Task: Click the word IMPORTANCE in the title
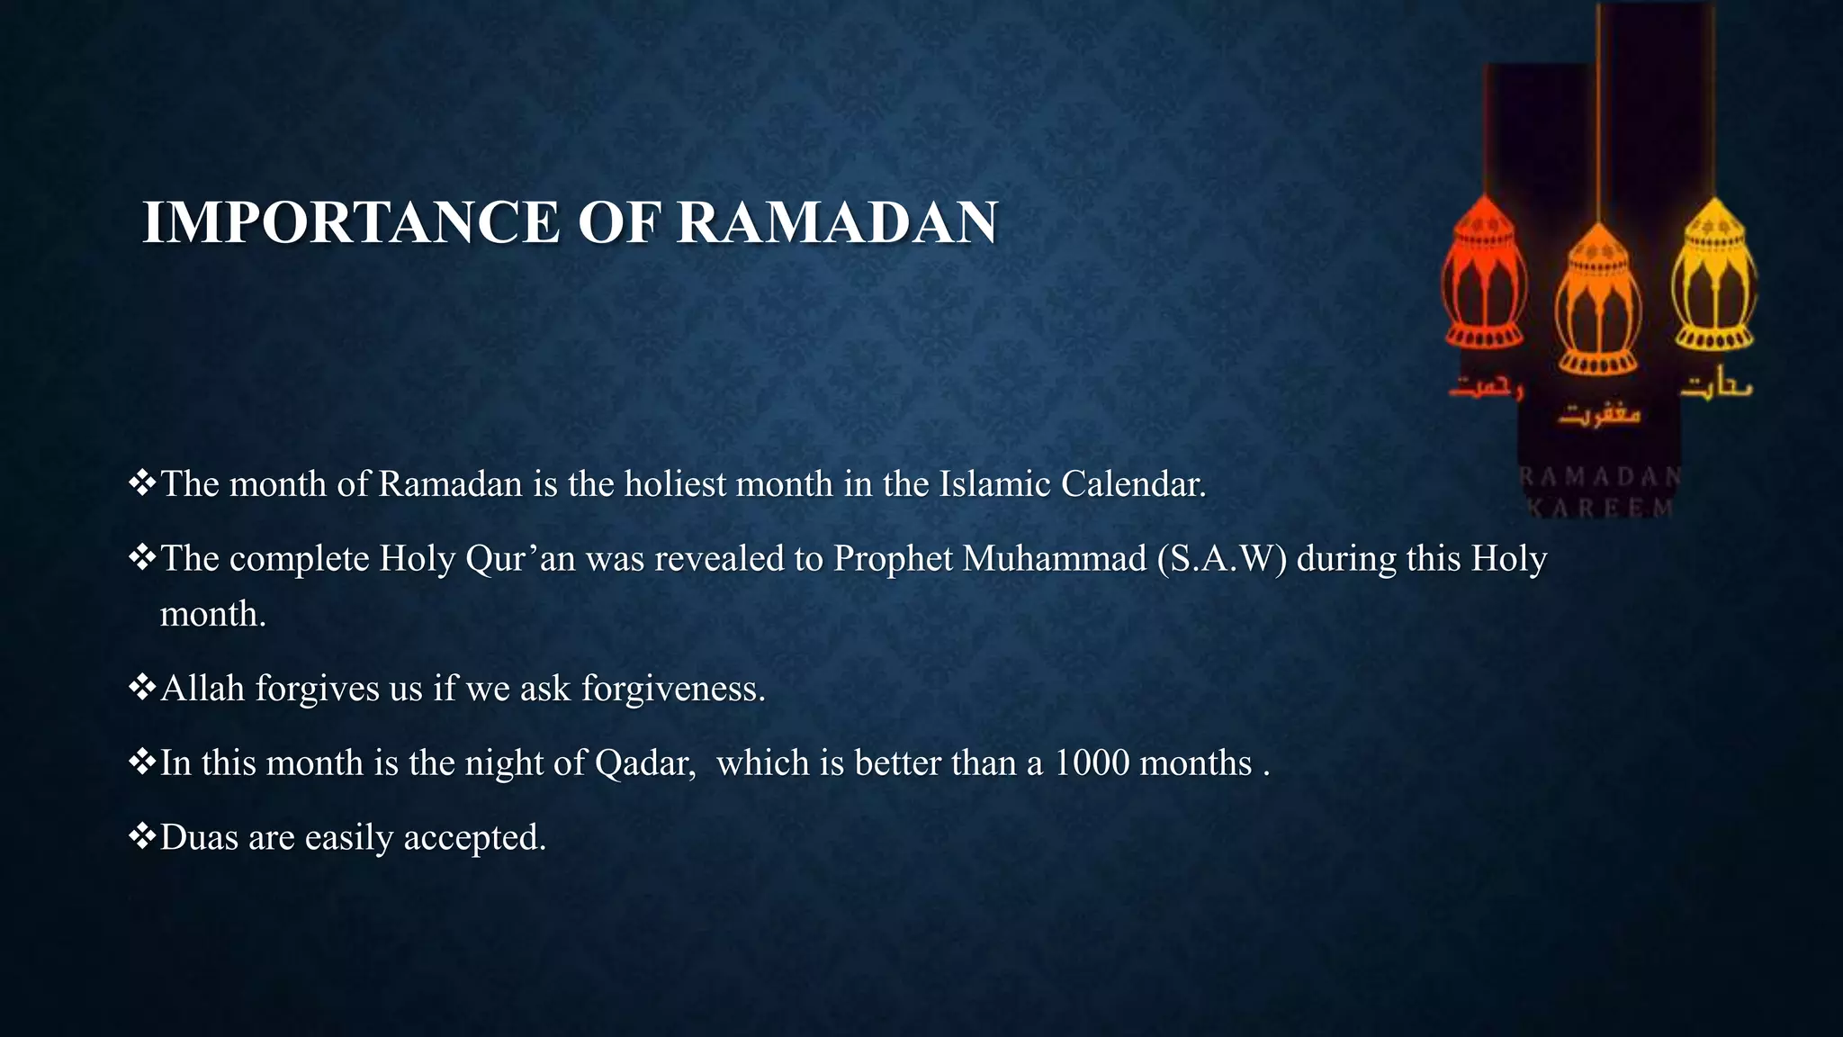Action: pos(351,222)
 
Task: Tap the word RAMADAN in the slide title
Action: pos(837,222)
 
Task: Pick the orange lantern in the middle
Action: pos(1598,302)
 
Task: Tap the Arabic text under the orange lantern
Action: pos(1599,415)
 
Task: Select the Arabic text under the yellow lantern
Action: pos(1717,387)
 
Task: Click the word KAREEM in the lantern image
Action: pos(1602,508)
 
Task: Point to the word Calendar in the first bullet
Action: pos(1133,484)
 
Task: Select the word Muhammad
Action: pos(1054,559)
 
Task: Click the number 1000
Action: pos(1091,763)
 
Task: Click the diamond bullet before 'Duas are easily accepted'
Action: pos(142,837)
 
